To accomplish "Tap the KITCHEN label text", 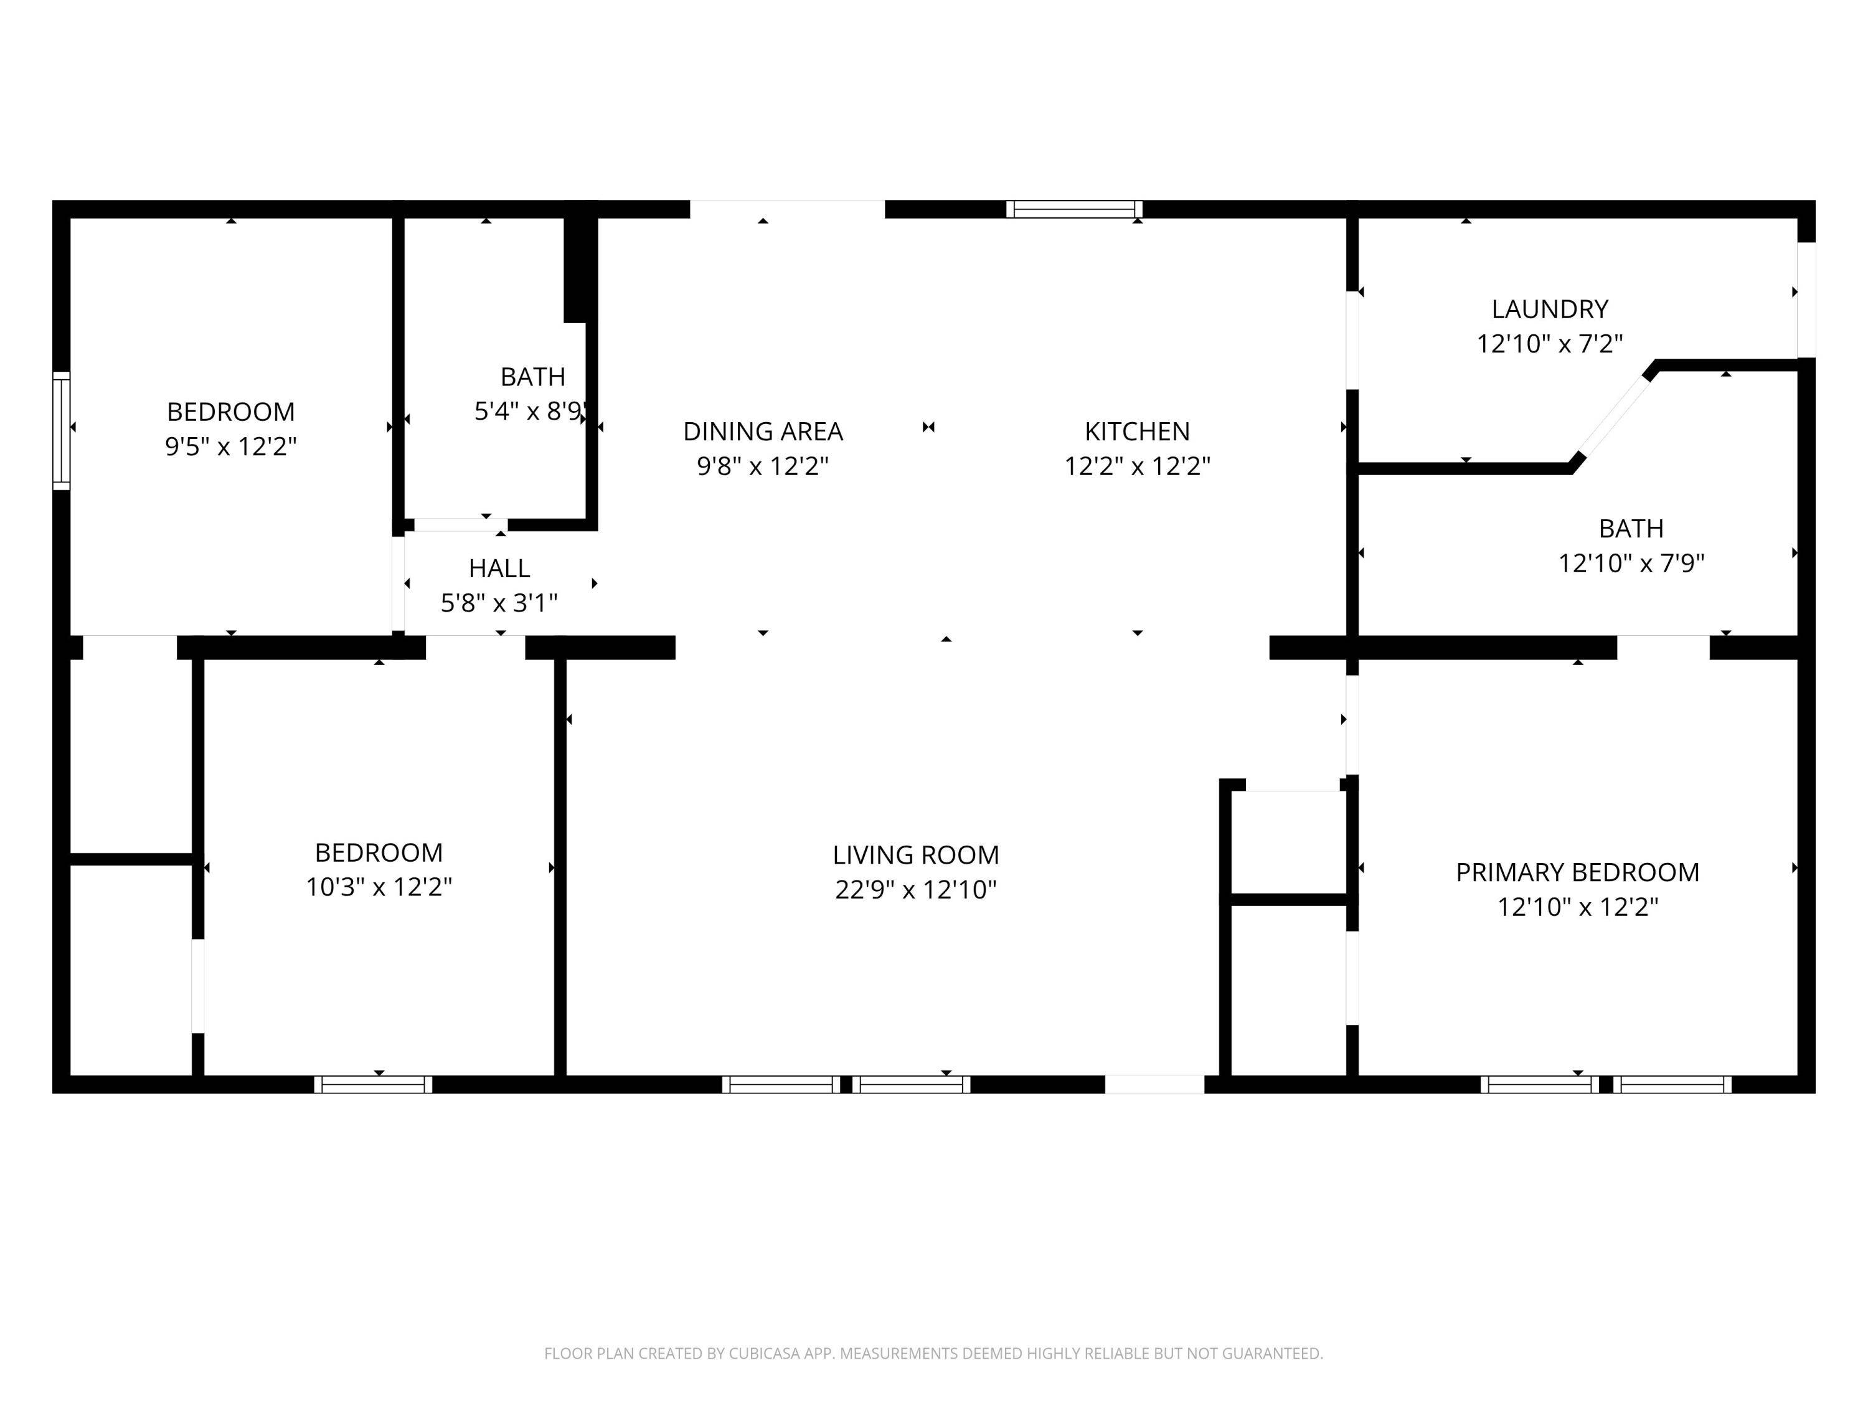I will (1136, 432).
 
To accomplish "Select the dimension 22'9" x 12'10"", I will (915, 890).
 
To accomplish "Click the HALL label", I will (499, 568).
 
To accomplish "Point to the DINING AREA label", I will (763, 432).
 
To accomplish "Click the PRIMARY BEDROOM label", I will (1577, 872).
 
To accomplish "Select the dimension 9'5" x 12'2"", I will (230, 446).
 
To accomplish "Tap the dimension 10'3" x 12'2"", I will (379, 887).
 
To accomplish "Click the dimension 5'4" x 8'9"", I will (531, 411).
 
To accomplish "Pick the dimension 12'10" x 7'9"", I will (1631, 564).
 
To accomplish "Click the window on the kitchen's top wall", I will (1073, 209).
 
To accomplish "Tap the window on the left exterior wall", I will (61, 431).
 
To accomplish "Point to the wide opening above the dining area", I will (787, 209).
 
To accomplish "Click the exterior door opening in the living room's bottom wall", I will (1154, 1084).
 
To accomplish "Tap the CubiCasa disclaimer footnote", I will (933, 1354).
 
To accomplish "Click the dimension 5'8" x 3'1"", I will (499, 603).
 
